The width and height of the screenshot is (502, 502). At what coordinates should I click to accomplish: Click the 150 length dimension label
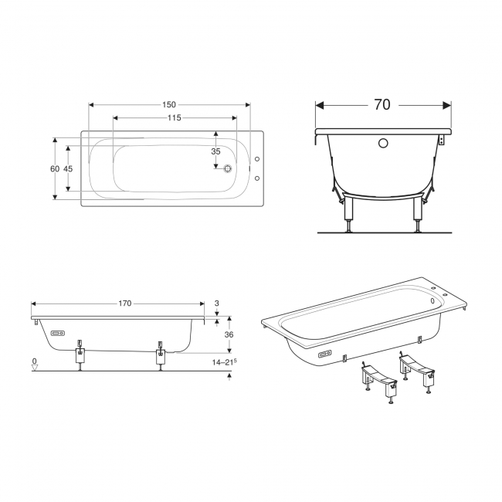[168, 105]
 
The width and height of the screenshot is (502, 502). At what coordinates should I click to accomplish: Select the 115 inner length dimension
[175, 118]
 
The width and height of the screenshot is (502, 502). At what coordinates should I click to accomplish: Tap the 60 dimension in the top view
[55, 168]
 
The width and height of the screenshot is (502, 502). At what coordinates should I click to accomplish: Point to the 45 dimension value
[68, 168]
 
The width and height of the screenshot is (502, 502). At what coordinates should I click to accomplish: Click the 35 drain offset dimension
[215, 151]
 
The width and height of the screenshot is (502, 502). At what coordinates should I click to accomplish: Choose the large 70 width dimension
[382, 105]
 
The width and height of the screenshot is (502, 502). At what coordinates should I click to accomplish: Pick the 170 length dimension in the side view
[125, 304]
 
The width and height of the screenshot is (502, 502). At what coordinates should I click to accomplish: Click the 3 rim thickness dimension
[217, 303]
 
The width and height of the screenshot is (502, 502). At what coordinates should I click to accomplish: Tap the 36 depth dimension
[229, 334]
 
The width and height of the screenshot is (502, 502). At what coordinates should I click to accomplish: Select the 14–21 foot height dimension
[224, 362]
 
